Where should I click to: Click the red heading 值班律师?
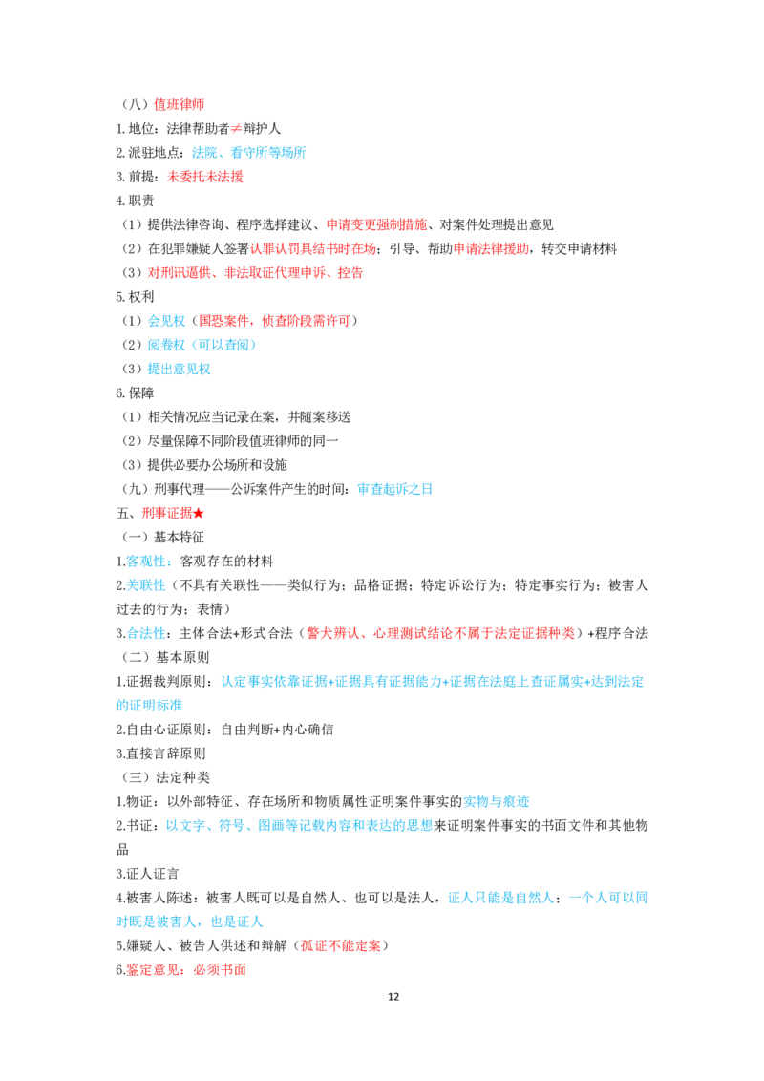179,105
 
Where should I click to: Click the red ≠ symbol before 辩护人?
236,129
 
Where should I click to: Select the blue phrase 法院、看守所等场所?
248,153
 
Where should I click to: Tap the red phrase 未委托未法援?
204,177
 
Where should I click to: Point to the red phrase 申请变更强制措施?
376,224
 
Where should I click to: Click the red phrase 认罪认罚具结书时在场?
313,249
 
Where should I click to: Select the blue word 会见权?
167,321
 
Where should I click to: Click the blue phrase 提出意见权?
180,369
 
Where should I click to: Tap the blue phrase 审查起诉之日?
395,490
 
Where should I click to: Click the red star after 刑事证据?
199,514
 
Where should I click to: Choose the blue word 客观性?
146,562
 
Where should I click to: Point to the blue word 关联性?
146,585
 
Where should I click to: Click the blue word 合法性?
146,633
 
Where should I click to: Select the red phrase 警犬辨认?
333,633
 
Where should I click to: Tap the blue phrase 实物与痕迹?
497,802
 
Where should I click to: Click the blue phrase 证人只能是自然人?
501,899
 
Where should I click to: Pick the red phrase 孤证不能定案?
341,945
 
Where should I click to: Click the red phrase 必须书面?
220,970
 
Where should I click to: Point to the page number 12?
393,997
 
